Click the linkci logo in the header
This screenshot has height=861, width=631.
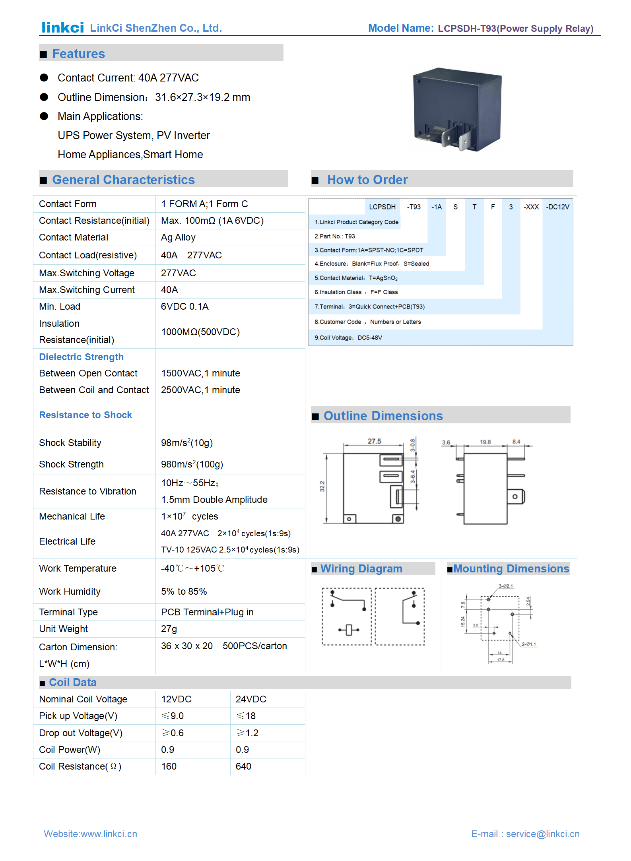(62, 27)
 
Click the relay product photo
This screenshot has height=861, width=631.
(457, 109)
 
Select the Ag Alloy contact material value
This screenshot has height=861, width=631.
(178, 238)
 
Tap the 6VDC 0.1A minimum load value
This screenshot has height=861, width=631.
(184, 307)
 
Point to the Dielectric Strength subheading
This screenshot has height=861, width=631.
(81, 357)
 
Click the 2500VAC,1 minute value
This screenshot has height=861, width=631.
(200, 390)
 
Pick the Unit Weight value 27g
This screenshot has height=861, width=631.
(169, 629)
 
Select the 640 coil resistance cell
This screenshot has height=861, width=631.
(243, 766)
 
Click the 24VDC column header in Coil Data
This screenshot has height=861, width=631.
(251, 699)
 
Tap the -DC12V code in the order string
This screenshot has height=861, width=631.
(557, 207)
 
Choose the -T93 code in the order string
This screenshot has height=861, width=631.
(414, 207)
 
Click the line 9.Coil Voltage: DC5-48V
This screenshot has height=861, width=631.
(348, 338)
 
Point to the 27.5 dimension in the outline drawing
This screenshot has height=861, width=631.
(374, 441)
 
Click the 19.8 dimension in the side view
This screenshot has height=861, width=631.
(485, 442)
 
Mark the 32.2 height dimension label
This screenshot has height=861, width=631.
(322, 486)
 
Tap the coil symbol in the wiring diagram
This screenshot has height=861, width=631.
(349, 630)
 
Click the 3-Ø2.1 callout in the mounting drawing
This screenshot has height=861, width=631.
(506, 586)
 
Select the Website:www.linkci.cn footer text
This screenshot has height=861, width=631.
(90, 834)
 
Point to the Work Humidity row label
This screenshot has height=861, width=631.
(70, 591)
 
